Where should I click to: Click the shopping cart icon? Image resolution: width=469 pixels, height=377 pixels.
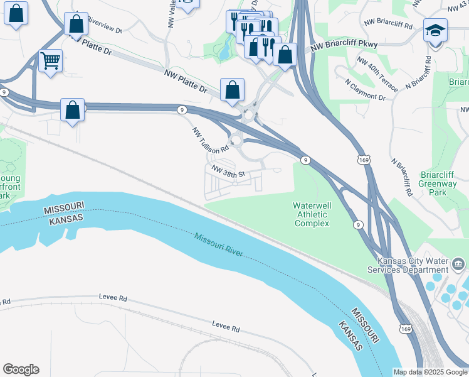tap(50, 61)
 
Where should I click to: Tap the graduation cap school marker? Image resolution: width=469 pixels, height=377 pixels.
tap(434, 30)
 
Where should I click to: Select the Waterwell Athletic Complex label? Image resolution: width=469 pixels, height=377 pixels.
tap(312, 214)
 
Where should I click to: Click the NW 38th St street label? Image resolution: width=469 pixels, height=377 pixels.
tap(227, 170)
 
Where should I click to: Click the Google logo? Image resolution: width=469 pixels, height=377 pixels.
tap(20, 369)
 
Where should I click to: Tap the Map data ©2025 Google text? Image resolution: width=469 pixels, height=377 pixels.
tap(430, 372)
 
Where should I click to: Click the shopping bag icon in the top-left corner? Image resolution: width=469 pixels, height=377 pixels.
tap(16, 13)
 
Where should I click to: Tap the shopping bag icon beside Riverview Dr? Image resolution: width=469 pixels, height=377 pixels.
tap(76, 25)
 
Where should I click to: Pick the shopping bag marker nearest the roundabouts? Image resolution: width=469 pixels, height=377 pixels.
tap(232, 89)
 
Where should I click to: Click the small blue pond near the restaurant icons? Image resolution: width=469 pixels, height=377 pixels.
tap(224, 52)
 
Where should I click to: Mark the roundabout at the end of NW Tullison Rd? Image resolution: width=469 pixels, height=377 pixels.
tap(236, 140)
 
